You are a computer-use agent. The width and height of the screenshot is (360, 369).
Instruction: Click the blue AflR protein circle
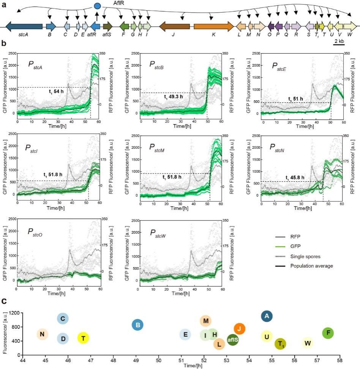pyautogui.click(x=98, y=6)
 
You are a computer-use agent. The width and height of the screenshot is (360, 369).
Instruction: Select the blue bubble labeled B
pyautogui.click(x=137, y=325)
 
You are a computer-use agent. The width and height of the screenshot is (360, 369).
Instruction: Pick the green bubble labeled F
pyautogui.click(x=328, y=333)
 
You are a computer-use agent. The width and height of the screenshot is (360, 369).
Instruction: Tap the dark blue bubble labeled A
pyautogui.click(x=267, y=316)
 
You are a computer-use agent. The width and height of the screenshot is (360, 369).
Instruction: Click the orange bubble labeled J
pyautogui.click(x=240, y=329)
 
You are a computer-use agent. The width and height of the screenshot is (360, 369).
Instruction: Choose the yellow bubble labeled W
pyautogui.click(x=308, y=343)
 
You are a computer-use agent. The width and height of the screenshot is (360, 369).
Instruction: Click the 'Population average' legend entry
pyautogui.click(x=311, y=266)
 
